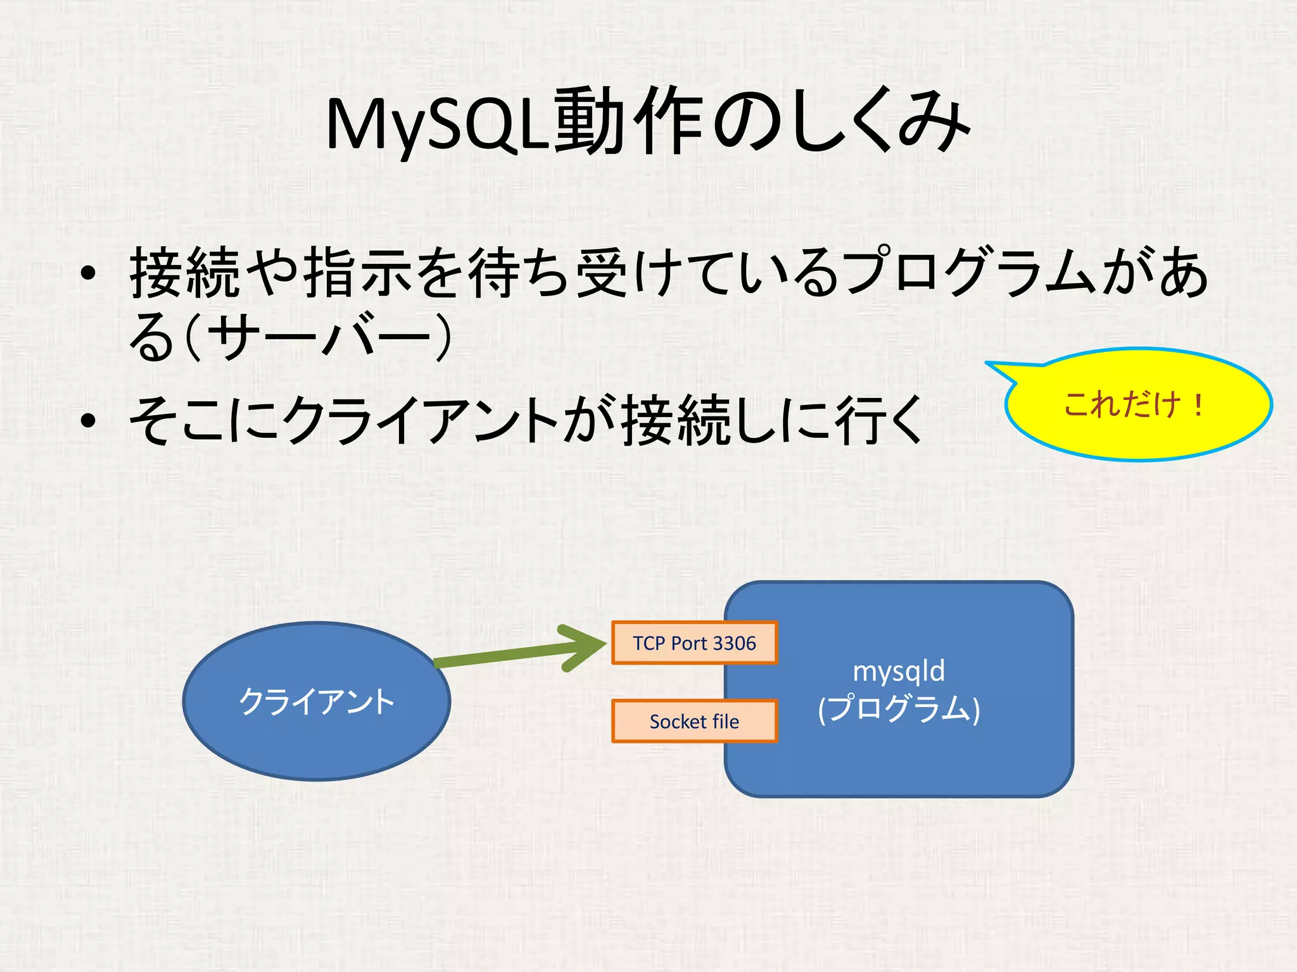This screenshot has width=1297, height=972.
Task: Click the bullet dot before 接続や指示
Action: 89,274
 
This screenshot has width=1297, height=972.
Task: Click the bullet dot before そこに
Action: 89,420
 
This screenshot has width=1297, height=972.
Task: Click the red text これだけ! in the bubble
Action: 1134,404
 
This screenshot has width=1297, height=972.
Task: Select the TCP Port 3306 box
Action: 693,643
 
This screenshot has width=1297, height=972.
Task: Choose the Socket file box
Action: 693,721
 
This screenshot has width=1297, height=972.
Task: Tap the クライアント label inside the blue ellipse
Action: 316,701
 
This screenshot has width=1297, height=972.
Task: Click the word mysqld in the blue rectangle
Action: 899,671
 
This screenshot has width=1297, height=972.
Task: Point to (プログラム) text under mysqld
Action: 899,709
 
